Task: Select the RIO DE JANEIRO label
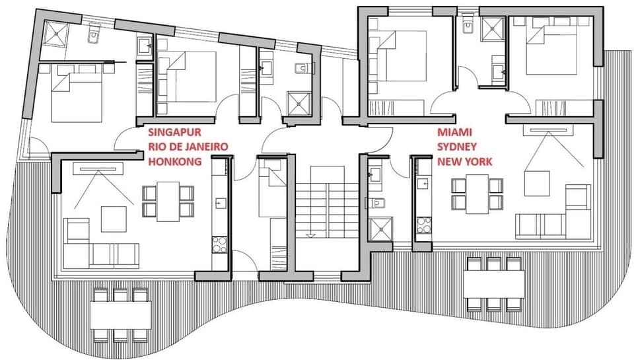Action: click(188, 146)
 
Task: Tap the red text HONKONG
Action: click(175, 161)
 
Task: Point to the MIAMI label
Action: click(454, 132)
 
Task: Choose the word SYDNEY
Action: click(456, 146)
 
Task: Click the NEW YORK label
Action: click(464, 161)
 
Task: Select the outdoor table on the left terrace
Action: click(120, 315)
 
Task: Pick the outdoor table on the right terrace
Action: click(493, 284)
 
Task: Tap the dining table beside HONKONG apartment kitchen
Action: click(168, 201)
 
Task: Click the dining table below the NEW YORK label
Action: click(477, 194)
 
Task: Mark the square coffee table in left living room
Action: click(113, 219)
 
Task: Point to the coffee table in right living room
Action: click(537, 183)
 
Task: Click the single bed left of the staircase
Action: click(270, 192)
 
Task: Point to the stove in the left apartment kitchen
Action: click(218, 244)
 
